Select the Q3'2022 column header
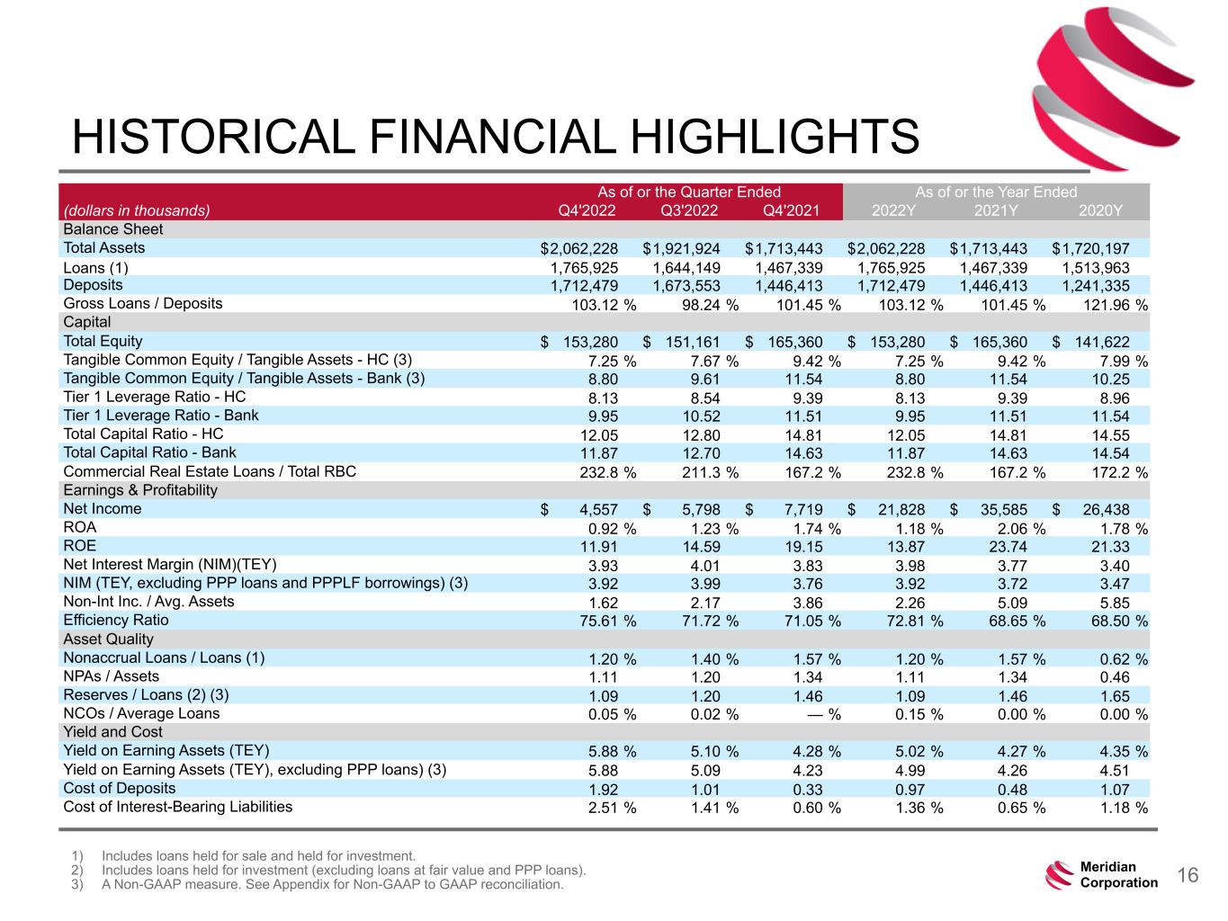coord(689,210)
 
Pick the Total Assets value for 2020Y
coord(1090,248)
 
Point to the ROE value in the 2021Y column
coord(1008,546)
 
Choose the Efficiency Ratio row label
coord(116,620)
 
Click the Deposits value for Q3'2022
coord(686,286)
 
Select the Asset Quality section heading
coord(108,639)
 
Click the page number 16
coord(1188,875)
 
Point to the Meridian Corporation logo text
coord(1118,874)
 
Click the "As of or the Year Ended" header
coord(996,192)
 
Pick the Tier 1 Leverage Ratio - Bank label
coord(161,416)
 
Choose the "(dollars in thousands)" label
coord(136,210)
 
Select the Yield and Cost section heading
coord(112,731)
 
